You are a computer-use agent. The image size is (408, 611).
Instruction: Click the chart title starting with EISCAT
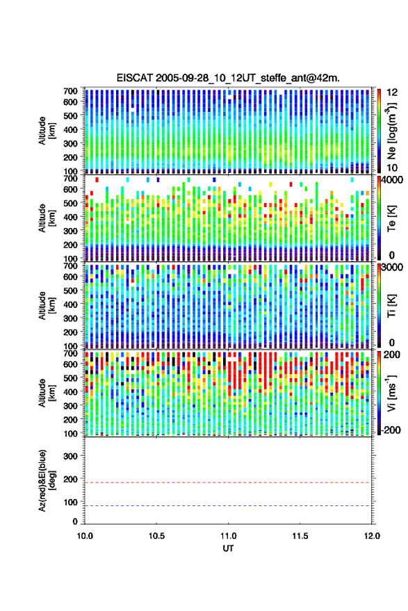228,78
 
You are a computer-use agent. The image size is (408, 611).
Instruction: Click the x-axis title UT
228,548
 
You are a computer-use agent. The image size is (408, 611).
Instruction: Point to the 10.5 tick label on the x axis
156,536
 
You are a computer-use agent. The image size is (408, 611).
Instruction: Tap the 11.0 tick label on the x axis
228,536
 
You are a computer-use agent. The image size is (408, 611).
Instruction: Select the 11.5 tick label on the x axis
300,536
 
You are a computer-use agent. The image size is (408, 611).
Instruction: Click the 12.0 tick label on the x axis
372,536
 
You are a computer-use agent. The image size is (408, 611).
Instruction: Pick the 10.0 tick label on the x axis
85,536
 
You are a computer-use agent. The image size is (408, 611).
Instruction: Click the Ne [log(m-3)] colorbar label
391,131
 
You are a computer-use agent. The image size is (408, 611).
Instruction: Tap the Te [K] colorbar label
391,218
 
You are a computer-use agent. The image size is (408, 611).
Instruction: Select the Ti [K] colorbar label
391,306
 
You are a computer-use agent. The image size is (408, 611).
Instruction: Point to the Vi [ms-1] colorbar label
391,393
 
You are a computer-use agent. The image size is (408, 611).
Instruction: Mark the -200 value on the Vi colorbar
391,430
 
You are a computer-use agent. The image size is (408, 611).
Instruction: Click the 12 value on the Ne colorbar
392,92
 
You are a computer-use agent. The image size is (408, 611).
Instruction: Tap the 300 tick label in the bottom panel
70,456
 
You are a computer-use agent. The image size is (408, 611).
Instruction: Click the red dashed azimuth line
227,482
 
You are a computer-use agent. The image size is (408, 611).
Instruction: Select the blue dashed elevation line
227,506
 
